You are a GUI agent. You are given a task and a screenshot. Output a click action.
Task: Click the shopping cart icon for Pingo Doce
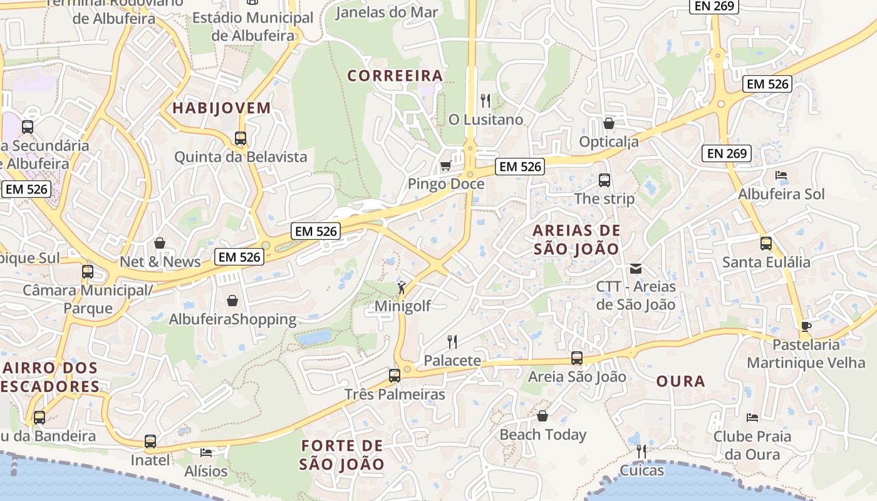[445, 166]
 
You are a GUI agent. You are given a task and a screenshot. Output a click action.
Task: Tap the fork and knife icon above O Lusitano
[485, 100]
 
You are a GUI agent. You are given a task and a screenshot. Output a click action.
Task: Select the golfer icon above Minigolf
[402, 288]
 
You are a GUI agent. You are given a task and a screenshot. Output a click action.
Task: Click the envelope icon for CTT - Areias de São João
[636, 269]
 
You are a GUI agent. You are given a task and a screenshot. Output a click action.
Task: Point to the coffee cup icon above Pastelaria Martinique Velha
[806, 326]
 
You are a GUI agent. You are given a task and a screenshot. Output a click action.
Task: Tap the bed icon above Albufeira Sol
[781, 175]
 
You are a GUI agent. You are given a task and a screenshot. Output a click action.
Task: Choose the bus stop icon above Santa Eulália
[765, 244]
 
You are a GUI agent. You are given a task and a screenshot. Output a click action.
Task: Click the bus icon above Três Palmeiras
[394, 376]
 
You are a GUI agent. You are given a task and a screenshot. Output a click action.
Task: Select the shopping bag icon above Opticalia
[608, 123]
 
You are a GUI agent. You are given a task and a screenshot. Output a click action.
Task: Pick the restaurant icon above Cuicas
[641, 452]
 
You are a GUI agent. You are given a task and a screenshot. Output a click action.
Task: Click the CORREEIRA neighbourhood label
[395, 76]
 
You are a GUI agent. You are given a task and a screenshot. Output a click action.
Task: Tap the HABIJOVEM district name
[222, 108]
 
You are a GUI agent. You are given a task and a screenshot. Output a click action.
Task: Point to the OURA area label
[681, 381]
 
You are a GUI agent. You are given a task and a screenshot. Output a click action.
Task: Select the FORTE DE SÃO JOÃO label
[341, 455]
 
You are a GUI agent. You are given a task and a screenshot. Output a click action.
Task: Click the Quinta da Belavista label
[241, 157]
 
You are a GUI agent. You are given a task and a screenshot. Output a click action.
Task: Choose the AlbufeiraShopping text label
[232, 319]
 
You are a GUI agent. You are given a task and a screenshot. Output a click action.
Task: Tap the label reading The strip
[605, 199]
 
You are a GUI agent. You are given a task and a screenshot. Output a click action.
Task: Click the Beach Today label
[542, 435]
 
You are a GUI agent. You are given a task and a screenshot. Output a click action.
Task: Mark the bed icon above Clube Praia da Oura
[752, 417]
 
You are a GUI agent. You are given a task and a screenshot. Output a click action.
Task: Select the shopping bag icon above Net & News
[160, 243]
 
